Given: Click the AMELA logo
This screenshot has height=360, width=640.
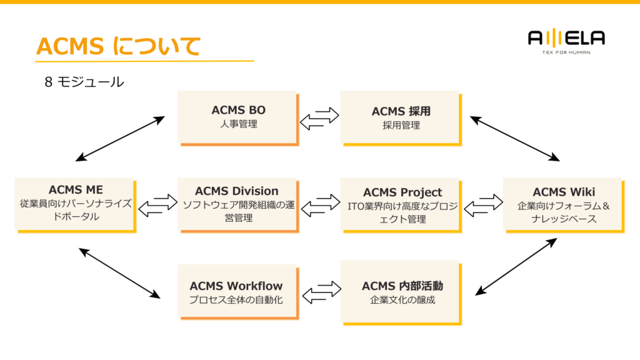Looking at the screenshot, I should tap(566, 41).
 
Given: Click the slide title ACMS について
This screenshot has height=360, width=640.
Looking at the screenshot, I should tap(118, 46).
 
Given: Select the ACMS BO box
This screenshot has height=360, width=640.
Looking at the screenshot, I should tap(237, 117).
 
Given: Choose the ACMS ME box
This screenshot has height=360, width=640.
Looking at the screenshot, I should tap(75, 204).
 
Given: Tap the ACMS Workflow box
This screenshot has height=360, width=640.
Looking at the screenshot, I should tap(237, 292).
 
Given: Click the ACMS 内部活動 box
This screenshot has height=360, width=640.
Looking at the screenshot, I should tap(401, 292).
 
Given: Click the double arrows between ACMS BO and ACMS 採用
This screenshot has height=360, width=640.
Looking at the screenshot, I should tap(319, 119).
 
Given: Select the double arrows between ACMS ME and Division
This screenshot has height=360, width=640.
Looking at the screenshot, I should tap(157, 206).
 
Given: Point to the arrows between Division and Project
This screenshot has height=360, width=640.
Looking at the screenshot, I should tap(320, 206).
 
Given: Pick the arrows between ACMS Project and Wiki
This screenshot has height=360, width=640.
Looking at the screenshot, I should tap(483, 206).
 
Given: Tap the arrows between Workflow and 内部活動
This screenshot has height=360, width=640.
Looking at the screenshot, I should tap(320, 292).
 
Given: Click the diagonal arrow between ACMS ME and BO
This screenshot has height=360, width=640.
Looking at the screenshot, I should tap(120, 138).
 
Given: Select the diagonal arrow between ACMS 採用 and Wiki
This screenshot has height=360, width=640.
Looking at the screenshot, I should tap(515, 138).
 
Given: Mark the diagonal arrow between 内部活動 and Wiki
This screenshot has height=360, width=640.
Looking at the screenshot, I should tap(516, 266).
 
